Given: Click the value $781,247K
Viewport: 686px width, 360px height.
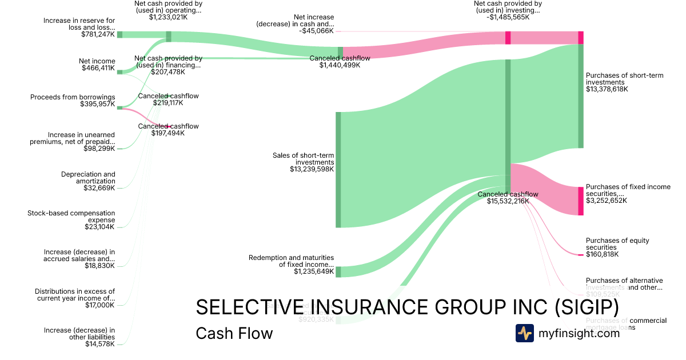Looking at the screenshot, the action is click(98, 34).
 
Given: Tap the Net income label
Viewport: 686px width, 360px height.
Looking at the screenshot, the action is click(97, 61).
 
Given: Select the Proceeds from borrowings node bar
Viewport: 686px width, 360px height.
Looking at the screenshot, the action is click(119, 107).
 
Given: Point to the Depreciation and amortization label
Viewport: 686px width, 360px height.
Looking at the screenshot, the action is click(88, 177).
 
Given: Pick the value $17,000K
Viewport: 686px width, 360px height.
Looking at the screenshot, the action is click(99, 305).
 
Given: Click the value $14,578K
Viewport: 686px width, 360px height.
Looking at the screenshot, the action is click(99, 344).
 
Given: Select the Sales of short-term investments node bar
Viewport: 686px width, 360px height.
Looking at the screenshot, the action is click(338, 170).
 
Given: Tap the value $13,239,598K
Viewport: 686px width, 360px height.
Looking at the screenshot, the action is click(312, 169).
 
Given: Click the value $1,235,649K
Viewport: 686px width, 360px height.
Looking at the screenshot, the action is click(314, 271).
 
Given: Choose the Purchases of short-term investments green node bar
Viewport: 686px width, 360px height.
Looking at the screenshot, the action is click(580, 96).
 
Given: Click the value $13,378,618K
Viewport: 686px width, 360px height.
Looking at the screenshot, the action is click(607, 89).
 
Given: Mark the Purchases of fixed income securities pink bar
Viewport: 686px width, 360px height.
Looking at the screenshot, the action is click(580, 201).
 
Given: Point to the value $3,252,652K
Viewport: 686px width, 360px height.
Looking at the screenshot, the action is click(606, 201).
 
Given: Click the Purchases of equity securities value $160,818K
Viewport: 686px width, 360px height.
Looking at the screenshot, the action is click(602, 254).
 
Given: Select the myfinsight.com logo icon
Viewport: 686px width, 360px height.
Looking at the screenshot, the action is click(524, 333).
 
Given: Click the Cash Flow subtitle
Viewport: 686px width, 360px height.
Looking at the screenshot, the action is click(234, 333).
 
